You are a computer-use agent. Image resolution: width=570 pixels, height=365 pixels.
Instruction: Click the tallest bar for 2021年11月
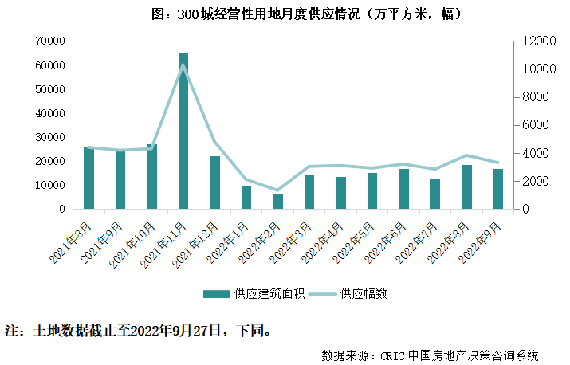coord(183,131)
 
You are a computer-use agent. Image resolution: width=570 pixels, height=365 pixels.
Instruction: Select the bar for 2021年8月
coord(88,178)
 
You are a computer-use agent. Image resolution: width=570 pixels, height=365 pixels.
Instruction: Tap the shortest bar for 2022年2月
coord(277,201)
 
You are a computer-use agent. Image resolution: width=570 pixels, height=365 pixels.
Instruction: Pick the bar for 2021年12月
coord(214,182)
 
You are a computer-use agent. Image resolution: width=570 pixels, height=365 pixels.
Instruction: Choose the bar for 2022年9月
coord(498,189)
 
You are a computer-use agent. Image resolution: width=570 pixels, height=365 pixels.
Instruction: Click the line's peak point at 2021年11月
coord(183,65)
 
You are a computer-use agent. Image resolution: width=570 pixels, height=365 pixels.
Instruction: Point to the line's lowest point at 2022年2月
coord(277,190)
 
